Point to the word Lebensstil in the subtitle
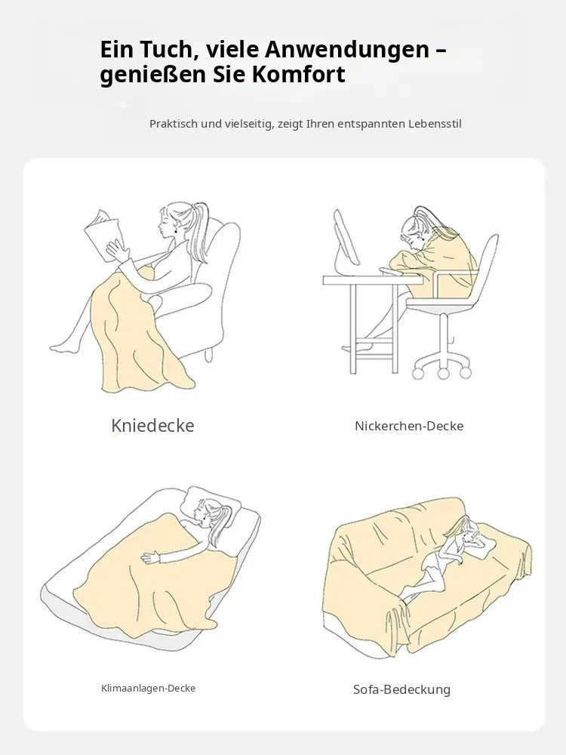[x=435, y=124]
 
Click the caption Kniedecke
[x=152, y=426]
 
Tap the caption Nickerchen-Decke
[x=409, y=426]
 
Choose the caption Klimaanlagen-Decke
[x=148, y=689]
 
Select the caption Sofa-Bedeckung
[x=402, y=689]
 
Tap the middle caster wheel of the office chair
[x=443, y=373]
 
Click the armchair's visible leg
[x=208, y=355]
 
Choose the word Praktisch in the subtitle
[x=174, y=124]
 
